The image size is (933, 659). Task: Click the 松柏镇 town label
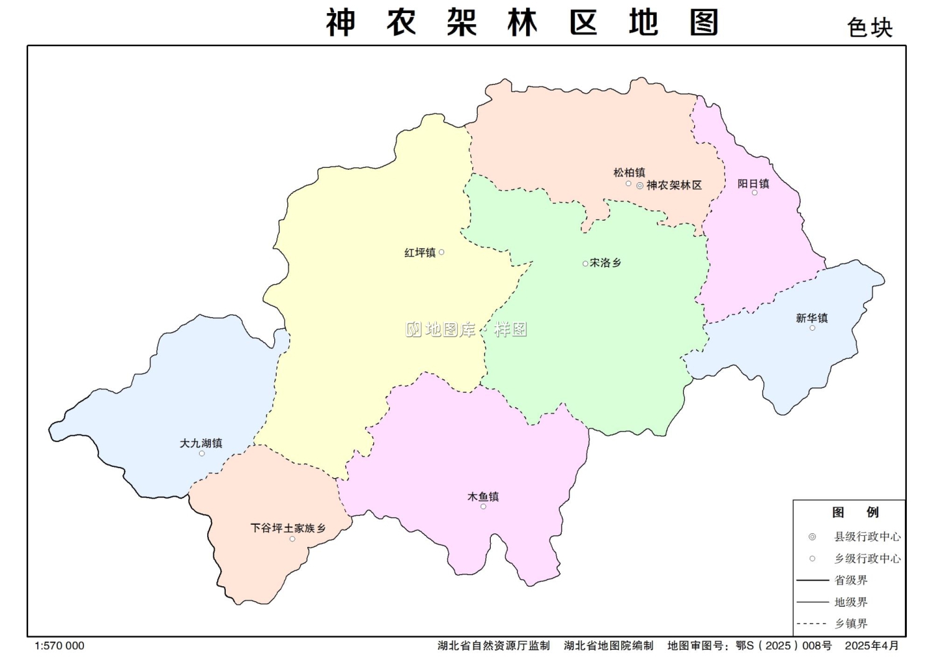tap(629, 172)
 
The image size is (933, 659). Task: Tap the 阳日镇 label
tap(753, 183)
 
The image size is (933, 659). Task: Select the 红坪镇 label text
tap(420, 252)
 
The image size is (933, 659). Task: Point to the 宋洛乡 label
tap(605, 263)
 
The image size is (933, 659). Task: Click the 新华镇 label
tap(812, 318)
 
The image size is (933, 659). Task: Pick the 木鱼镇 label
tap(483, 497)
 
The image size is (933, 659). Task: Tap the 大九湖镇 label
tap(201, 443)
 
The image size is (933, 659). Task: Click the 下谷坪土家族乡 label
tap(288, 528)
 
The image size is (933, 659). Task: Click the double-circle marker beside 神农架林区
tap(639, 185)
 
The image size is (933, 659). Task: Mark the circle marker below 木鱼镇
tap(483, 507)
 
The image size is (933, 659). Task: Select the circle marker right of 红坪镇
tap(442, 252)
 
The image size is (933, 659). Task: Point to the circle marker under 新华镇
tap(812, 328)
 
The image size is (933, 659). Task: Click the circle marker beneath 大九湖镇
tap(202, 454)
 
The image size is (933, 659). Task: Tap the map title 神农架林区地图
tap(522, 23)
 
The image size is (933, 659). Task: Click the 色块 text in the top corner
tap(870, 28)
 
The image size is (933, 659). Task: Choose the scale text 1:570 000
tap(60, 646)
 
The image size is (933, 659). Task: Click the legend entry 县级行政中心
tap(867, 537)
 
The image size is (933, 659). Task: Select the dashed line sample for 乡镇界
tap(812, 624)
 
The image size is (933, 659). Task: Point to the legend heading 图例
tap(855, 512)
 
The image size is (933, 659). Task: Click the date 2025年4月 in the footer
tap(871, 646)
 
